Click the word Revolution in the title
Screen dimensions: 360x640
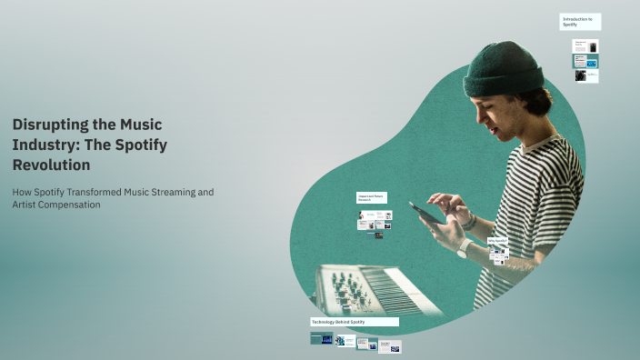[x=51, y=165]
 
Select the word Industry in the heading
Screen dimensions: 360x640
[x=39, y=145]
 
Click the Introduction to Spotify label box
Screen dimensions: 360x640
[x=579, y=22]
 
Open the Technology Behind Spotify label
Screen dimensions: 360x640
[x=355, y=322]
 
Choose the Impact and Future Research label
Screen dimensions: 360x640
[x=374, y=198]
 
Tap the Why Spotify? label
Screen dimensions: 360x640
[x=497, y=241]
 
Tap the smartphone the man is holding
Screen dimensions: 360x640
[x=425, y=212]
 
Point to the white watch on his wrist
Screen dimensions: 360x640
[x=465, y=247]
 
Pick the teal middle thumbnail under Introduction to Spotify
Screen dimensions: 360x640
[x=585, y=62]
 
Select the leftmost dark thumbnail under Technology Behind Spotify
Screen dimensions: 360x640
[x=321, y=339]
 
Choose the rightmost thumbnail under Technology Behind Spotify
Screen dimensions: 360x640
[x=389, y=346]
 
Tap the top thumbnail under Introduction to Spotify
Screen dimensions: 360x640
[x=585, y=46]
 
